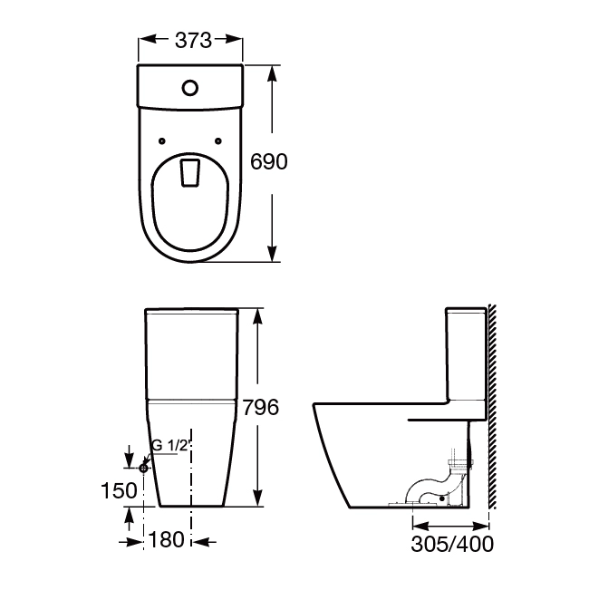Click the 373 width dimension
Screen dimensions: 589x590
[193, 40]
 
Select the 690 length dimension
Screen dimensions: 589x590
[268, 162]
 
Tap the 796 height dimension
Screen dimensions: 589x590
[261, 407]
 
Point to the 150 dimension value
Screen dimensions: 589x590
[119, 490]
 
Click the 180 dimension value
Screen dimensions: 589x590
[167, 539]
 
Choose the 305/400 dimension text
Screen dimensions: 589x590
[452, 544]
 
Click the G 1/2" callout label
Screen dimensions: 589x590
[170, 446]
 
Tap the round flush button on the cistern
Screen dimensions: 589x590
[190, 88]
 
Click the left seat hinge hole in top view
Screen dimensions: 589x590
[161, 141]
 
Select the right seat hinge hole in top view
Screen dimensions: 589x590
[218, 141]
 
